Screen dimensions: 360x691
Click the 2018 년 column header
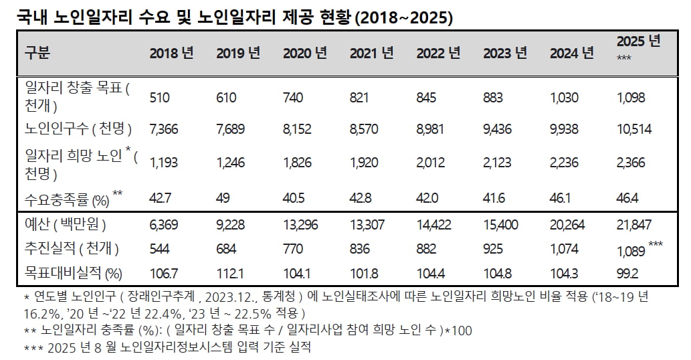click(171, 54)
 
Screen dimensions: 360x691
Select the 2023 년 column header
click(505, 54)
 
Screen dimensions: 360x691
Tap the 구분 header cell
click(37, 53)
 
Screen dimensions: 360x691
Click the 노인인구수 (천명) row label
click(78, 129)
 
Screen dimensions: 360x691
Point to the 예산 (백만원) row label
click(66, 225)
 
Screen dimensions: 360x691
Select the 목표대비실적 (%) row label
click(74, 273)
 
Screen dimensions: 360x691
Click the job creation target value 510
click(160, 98)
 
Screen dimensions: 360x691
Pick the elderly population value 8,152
click(297, 129)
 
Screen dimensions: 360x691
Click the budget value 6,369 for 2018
click(164, 225)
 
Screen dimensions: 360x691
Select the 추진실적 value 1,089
click(631, 250)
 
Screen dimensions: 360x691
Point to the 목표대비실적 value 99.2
click(628, 273)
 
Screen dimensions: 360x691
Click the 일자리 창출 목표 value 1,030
click(564, 98)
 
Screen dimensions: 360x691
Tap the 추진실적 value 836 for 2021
click(360, 249)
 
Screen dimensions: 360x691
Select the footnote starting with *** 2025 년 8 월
click(167, 347)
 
